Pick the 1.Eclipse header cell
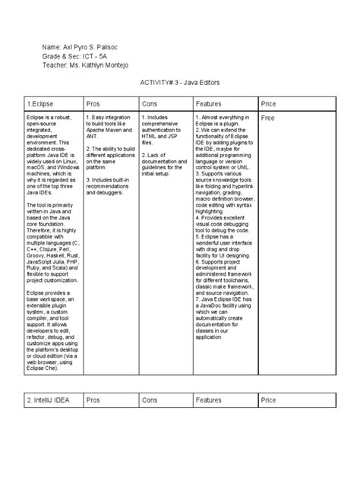[x=40, y=103]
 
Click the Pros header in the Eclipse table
[x=93, y=103]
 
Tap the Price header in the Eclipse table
[x=269, y=103]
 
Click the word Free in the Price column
[x=267, y=119]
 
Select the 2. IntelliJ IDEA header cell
[x=49, y=399]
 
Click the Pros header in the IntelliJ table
[x=93, y=399]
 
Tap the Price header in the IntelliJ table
[x=269, y=399]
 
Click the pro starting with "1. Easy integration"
[x=109, y=127]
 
